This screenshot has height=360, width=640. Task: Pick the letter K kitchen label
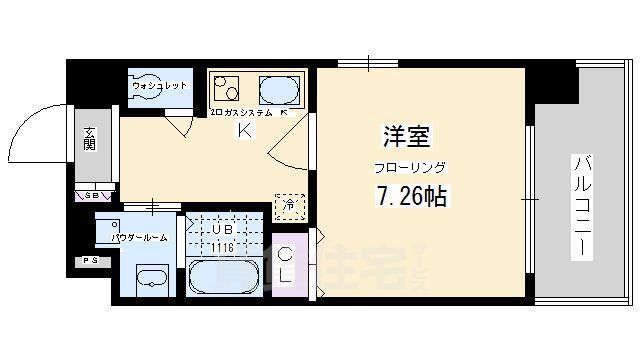tap(243, 130)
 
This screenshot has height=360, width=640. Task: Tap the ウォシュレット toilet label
tap(160, 86)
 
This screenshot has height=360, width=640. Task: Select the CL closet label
tap(285, 262)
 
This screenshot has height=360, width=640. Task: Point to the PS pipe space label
tap(91, 262)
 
